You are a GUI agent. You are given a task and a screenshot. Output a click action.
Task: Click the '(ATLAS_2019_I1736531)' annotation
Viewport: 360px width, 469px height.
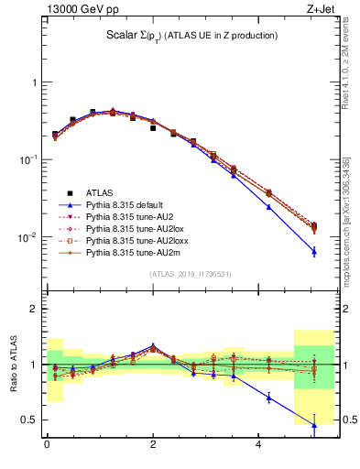[191, 274]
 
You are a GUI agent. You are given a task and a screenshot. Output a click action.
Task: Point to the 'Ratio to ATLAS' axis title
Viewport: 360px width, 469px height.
[12, 365]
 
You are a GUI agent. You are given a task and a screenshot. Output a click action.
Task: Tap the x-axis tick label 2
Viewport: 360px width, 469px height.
[153, 446]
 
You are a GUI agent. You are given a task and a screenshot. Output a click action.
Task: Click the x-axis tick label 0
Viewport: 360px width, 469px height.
[46, 446]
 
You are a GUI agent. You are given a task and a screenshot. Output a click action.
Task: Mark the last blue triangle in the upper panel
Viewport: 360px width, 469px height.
[313, 251]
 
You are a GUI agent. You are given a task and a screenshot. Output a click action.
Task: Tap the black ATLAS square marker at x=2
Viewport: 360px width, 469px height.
[153, 128]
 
